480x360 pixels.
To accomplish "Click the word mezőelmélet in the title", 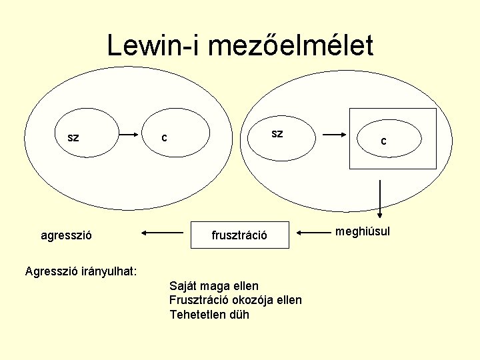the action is (291, 46).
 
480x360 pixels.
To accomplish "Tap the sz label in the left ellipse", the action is (73, 138).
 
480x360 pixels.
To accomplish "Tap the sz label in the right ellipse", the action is (277, 133).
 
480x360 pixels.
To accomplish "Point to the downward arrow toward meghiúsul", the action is (380, 199).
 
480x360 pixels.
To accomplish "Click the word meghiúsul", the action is (363, 231).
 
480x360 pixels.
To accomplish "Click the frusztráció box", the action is (240, 235).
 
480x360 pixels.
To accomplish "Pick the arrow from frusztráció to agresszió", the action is (163, 233).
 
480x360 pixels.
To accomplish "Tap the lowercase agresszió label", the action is (67, 235).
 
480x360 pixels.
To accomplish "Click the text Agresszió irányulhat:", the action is (81, 271).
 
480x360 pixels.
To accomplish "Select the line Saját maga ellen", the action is (214, 286).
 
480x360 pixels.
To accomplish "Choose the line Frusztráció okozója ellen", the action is (235, 300).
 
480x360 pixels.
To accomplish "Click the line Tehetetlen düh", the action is (209, 314).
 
